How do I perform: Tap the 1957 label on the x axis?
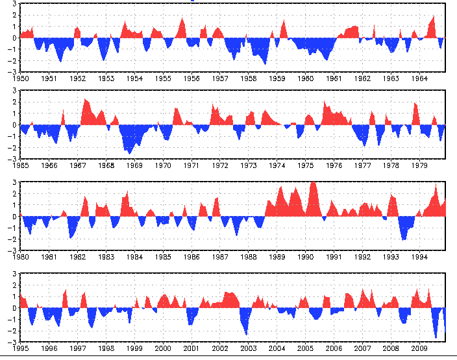[x=220, y=78]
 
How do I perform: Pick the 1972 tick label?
[x=220, y=165]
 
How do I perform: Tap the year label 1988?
[x=249, y=257]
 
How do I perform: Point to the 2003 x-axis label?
[x=249, y=348]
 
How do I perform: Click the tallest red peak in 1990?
[x=314, y=184]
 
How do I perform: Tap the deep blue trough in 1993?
[x=404, y=238]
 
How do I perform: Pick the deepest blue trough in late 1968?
[x=130, y=152]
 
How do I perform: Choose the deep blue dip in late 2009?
[x=436, y=337]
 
